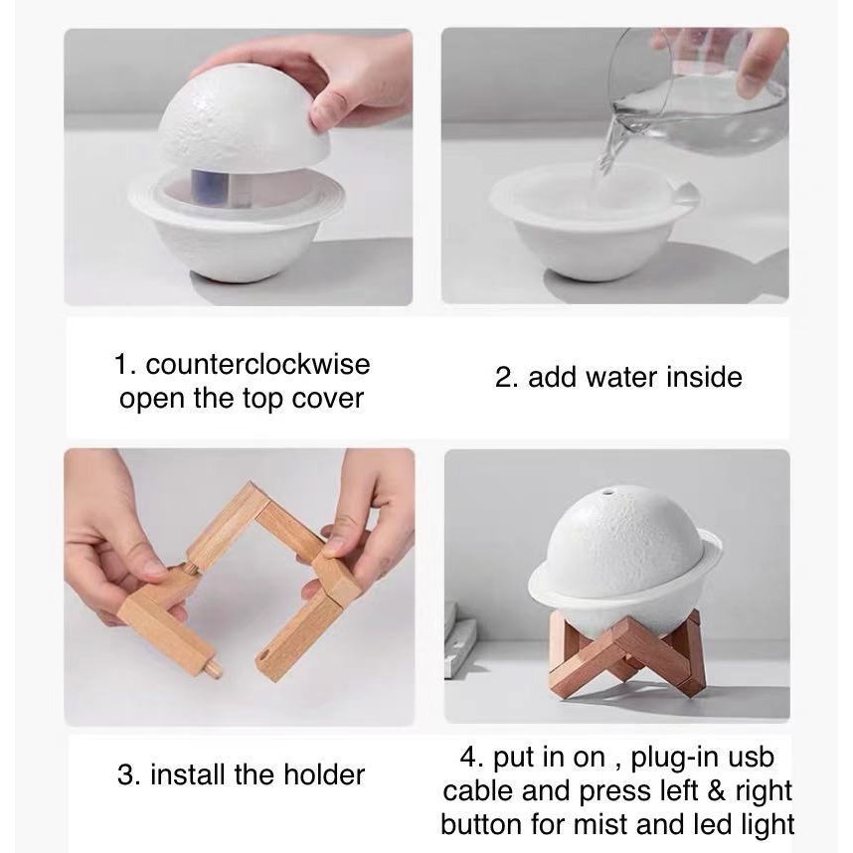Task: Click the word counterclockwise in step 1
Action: [x=257, y=364]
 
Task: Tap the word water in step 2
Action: [x=621, y=377]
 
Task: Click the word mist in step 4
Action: [x=601, y=824]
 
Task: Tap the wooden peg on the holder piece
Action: [x=214, y=667]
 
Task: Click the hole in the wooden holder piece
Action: [x=263, y=654]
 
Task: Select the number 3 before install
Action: [x=126, y=774]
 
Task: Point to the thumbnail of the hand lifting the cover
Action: [x=239, y=166]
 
